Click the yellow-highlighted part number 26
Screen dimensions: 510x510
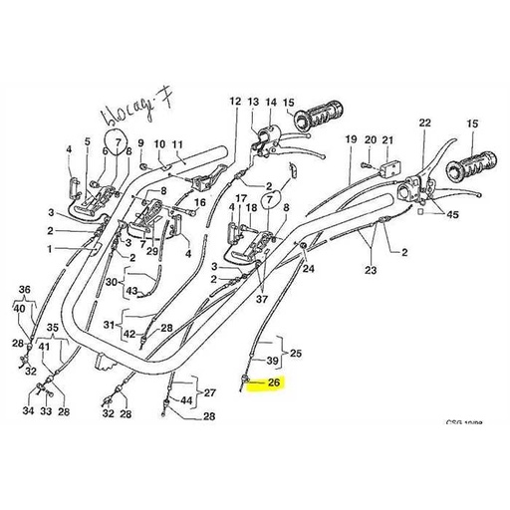click(271, 382)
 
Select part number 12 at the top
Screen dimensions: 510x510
click(235, 102)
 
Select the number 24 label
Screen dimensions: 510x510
click(308, 268)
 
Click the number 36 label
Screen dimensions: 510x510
click(26, 290)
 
